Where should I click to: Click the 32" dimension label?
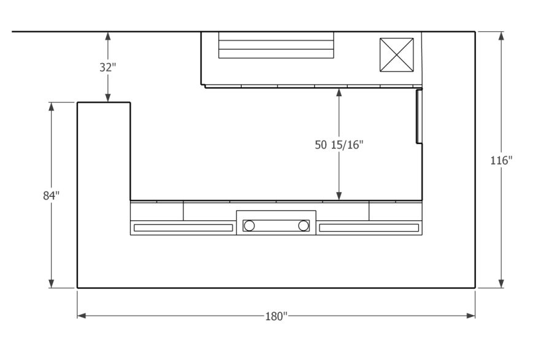(107, 67)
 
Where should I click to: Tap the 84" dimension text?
(51, 196)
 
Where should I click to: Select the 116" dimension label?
(501, 161)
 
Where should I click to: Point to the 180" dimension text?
(277, 316)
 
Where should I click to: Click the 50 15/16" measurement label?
(339, 145)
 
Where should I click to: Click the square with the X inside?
(396, 55)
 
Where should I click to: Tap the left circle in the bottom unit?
(249, 226)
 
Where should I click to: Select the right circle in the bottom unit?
(303, 226)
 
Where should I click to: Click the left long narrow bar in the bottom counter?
(183, 228)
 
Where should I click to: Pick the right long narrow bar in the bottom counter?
(369, 228)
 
